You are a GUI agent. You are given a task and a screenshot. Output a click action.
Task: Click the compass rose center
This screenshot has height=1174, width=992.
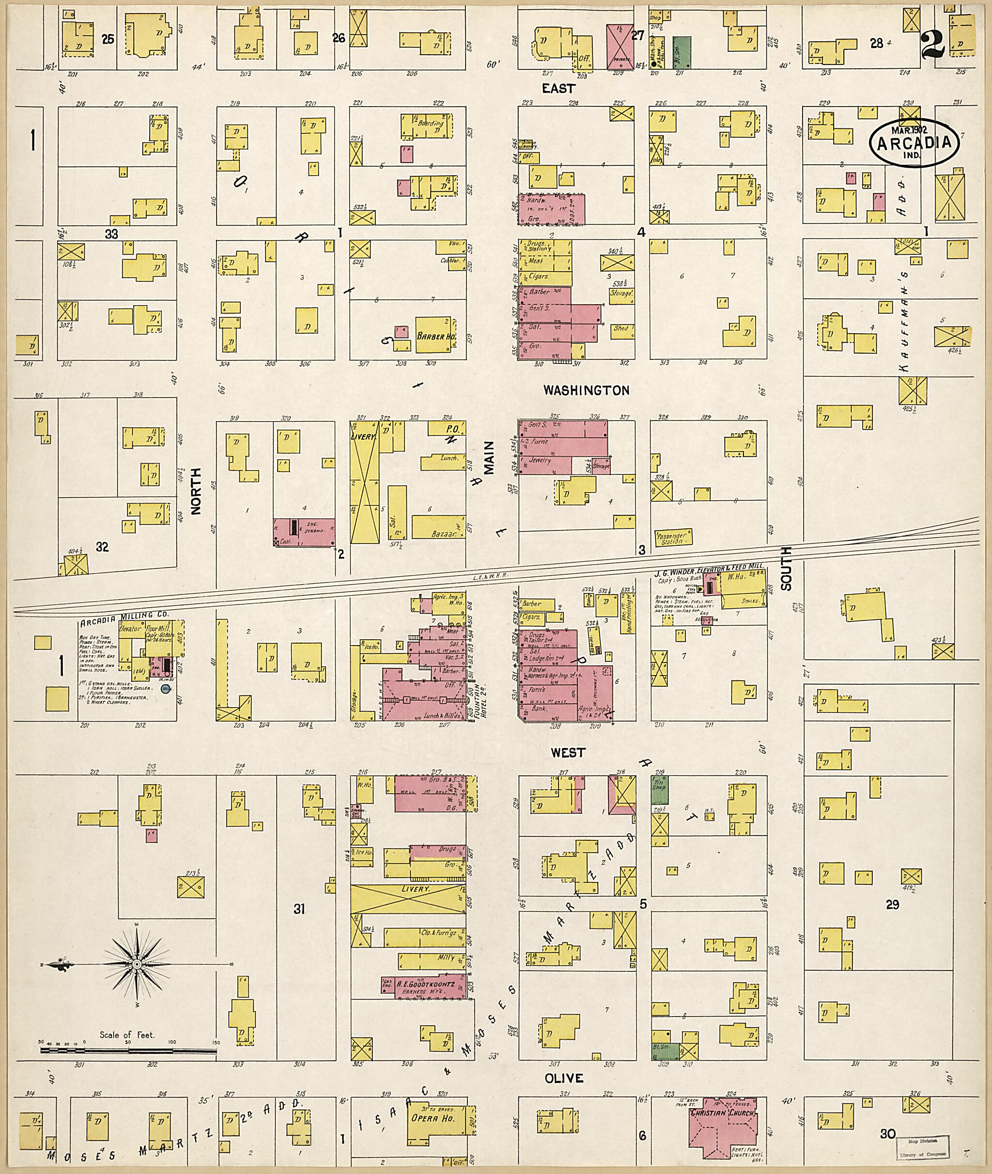pos(136,965)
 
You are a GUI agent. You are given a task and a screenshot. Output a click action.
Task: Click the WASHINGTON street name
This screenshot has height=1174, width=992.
pos(586,390)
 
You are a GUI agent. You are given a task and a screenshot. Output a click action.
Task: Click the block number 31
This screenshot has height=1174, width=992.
pos(299,909)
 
